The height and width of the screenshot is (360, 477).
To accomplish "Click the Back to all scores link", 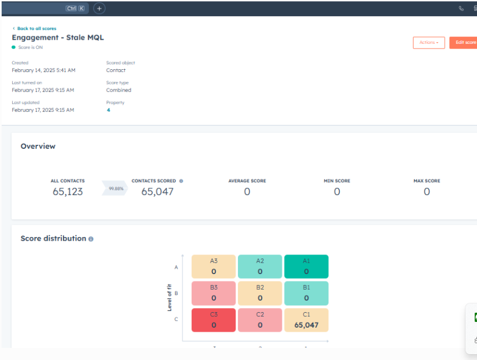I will (x=36, y=28).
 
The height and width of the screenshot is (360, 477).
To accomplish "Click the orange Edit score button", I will (x=464, y=43).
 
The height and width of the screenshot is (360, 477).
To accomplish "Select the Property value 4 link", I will (x=108, y=110).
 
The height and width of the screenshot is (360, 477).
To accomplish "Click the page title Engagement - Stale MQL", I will (x=58, y=37).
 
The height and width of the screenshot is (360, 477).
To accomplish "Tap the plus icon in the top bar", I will (x=99, y=9).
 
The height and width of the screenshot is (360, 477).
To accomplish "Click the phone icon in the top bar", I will (x=461, y=9).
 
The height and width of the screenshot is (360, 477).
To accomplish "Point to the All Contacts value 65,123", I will (x=68, y=192).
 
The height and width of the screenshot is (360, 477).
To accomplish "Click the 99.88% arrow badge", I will (x=115, y=188).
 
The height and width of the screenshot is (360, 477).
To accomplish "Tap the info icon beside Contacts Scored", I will (x=181, y=181).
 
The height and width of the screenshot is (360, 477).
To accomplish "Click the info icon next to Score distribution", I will (x=91, y=239).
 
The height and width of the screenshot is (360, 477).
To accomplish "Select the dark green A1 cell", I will (x=306, y=267).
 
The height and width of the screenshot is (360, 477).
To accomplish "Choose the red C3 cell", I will (x=214, y=320).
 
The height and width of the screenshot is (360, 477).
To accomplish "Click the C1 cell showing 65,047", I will (x=306, y=320).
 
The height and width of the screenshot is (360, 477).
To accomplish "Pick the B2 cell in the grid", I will (x=260, y=293).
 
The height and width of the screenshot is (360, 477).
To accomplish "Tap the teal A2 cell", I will (x=260, y=267).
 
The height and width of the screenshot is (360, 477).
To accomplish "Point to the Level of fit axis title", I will (x=170, y=293).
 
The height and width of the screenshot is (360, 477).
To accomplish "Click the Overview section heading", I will (x=38, y=147).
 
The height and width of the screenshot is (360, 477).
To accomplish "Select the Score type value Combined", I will (x=118, y=90).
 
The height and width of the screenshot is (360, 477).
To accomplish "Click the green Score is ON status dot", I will (x=14, y=47).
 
